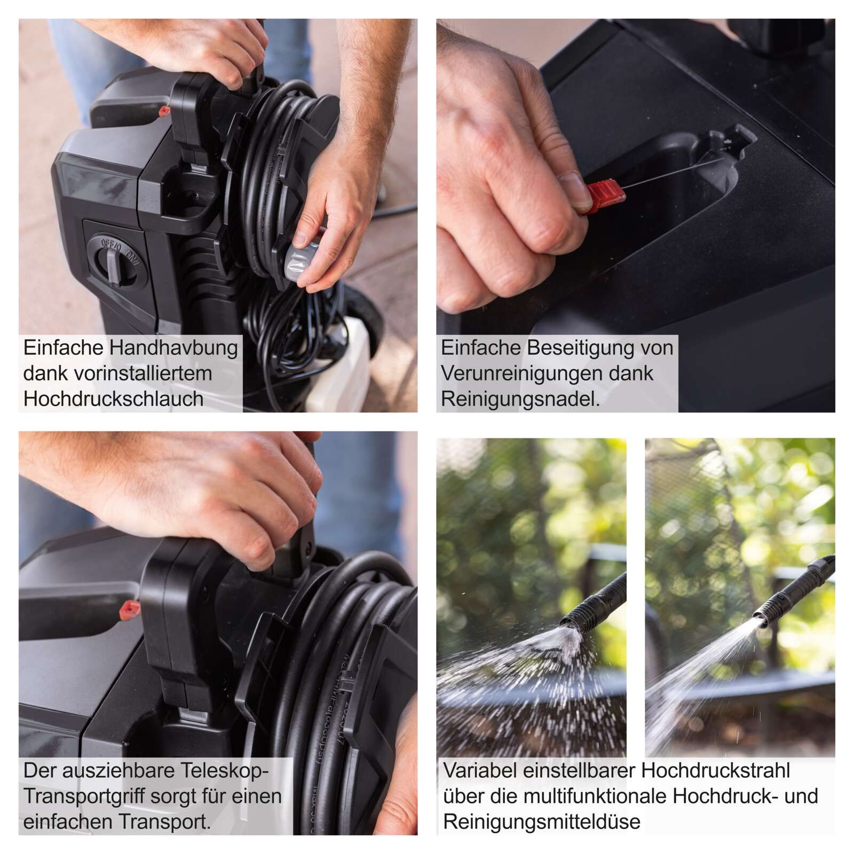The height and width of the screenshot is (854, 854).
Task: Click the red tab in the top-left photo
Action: pyautogui.click(x=164, y=111)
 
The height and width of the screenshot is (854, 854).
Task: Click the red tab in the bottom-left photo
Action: pyautogui.click(x=130, y=608)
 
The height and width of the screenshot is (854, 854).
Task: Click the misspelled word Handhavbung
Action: pyautogui.click(x=174, y=349)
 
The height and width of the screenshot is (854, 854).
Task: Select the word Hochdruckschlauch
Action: pyautogui.click(x=113, y=399)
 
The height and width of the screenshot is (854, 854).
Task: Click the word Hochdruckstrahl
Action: pyautogui.click(x=715, y=771)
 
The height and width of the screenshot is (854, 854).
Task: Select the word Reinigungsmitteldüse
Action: pyautogui.click(x=542, y=822)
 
